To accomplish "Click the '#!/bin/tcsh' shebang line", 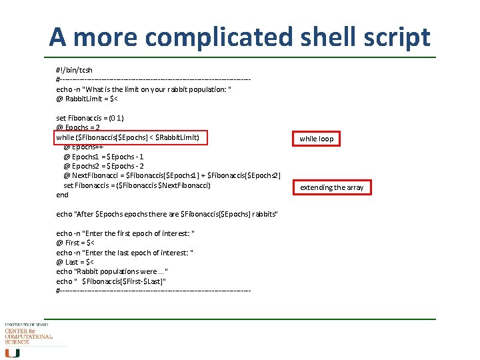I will coord(75,69).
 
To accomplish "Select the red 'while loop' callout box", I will coord(316,139).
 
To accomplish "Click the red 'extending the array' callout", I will coord(331,187).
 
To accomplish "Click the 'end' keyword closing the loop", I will coord(62,195).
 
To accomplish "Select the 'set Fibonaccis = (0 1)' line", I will coord(90,118).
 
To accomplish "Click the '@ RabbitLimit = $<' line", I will coord(87,99).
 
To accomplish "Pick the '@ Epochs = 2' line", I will coord(78,127).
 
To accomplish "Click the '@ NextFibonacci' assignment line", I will coord(171,175).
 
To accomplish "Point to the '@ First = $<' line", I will coord(75,243).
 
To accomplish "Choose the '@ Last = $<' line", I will coord(75,262).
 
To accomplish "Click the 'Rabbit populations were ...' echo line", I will coord(112,271).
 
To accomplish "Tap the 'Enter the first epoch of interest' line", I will coord(125,233).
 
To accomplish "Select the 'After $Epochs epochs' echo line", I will coord(167,213).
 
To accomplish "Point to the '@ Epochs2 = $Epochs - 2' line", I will coord(103,166).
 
